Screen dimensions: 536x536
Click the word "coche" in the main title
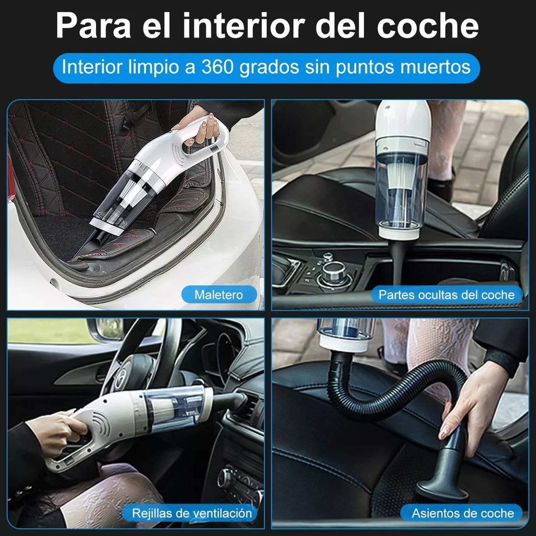coord(428,25)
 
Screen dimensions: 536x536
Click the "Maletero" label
coord(218,295)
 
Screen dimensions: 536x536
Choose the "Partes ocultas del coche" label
coord(446,295)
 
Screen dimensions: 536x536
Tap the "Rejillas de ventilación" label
coord(192,513)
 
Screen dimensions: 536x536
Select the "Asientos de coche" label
coord(463,513)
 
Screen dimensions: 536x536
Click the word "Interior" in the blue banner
coord(92,67)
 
